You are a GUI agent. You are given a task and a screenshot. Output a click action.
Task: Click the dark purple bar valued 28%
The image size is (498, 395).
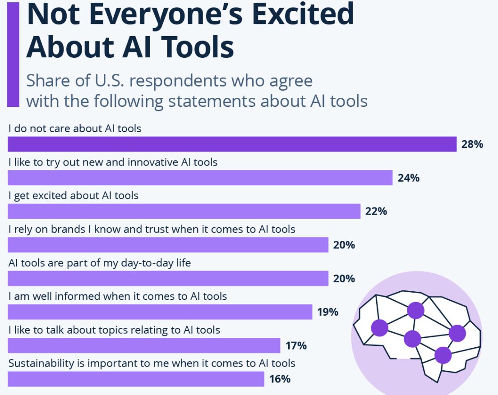(232, 144)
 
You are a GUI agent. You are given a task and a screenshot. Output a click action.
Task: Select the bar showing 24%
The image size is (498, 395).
(200, 178)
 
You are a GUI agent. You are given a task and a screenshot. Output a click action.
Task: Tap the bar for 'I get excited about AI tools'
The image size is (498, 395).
(184, 211)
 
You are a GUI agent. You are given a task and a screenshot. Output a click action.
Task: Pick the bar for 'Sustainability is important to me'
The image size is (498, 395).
(136, 379)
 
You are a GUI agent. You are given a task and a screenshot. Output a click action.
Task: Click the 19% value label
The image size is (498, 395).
(328, 312)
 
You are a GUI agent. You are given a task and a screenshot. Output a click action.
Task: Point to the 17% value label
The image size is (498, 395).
(296, 346)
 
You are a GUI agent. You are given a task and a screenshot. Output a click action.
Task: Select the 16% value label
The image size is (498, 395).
(280, 379)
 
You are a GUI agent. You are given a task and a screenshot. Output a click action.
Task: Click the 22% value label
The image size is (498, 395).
(376, 211)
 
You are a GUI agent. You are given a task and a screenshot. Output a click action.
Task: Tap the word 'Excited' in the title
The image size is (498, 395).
(288, 14)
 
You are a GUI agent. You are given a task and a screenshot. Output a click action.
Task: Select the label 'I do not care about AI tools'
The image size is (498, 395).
(75, 129)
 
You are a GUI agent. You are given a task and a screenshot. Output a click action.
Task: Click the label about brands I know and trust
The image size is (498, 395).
(152, 229)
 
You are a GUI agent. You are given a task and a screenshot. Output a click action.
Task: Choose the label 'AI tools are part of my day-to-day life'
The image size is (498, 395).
(99, 262)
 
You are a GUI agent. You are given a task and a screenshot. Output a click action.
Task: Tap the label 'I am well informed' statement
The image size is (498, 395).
(117, 296)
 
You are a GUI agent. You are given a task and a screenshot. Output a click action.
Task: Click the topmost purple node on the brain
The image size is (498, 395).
(415, 310)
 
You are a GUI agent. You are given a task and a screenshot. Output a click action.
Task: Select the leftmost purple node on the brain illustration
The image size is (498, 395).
(379, 328)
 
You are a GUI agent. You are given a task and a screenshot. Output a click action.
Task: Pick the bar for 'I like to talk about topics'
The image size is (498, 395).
(144, 345)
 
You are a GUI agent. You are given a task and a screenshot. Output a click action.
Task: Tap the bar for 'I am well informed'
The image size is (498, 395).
(160, 312)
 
